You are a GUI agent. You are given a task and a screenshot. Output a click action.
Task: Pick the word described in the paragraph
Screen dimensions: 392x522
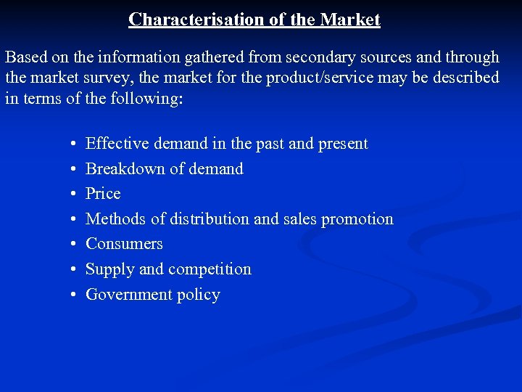click(467, 77)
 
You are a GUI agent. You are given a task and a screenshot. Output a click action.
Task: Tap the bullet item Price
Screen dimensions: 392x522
click(103, 194)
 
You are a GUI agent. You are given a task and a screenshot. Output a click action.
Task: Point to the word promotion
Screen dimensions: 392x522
click(357, 219)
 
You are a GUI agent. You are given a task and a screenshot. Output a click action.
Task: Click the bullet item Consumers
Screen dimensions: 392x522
click(124, 244)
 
